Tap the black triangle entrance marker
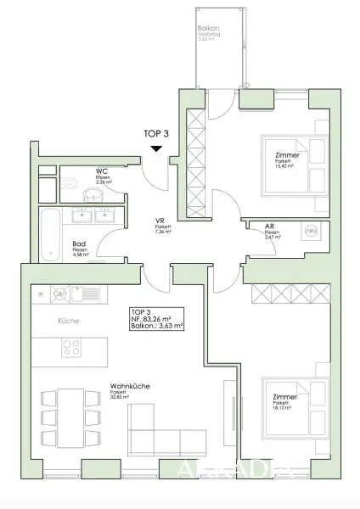point(157,149)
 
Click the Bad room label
point(78,241)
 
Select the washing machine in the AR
point(311,231)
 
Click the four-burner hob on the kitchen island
point(69,347)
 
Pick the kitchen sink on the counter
point(86,294)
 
